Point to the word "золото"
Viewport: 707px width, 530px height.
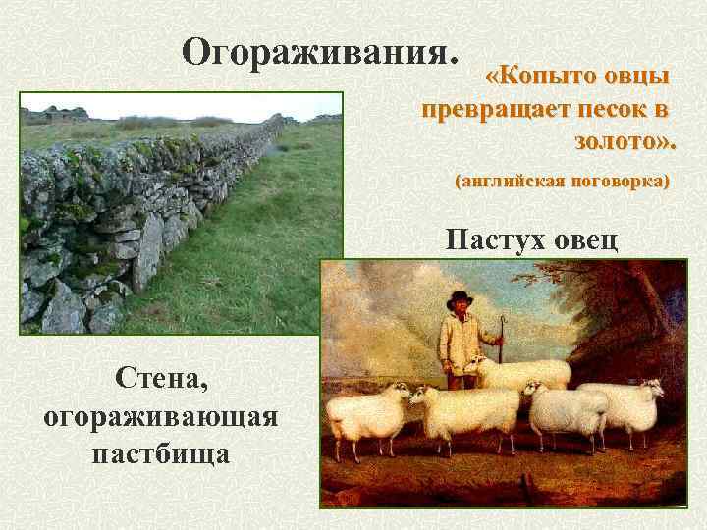pos(619,142)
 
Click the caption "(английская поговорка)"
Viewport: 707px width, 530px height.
pos(561,182)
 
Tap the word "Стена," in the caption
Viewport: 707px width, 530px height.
pos(160,375)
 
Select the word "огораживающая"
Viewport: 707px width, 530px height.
pos(161,415)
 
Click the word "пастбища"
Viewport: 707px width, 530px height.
pos(160,454)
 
